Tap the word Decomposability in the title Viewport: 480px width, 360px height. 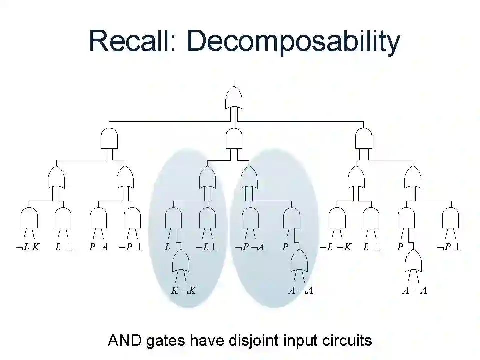293,42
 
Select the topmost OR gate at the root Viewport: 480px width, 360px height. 234,97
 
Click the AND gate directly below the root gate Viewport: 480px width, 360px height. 234,138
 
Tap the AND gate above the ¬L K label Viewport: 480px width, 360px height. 29,218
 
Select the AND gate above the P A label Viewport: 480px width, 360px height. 98,218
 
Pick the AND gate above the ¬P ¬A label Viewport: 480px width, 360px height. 250,218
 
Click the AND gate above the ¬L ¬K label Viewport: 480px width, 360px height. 337,218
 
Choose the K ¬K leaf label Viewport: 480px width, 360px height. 183,290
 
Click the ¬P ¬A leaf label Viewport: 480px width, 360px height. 249,247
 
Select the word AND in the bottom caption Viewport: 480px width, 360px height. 125,341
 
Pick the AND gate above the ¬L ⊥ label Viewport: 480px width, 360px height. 207,218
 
